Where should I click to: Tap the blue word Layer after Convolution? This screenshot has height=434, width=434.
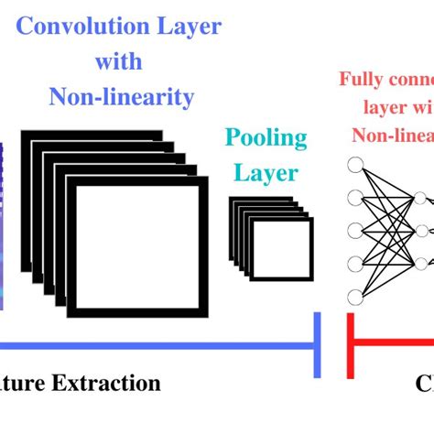point(187,27)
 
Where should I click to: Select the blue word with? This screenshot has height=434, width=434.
point(119,60)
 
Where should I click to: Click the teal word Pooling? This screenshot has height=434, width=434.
point(266,138)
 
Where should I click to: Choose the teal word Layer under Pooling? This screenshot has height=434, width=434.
point(266,172)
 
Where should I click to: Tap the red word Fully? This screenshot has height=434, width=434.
point(359,79)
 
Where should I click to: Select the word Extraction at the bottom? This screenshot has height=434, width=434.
point(111,384)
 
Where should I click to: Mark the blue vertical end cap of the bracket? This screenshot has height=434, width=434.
point(318,344)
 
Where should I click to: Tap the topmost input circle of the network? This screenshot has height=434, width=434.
point(355,166)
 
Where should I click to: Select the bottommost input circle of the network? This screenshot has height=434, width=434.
point(355,296)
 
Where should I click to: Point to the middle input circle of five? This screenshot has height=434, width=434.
point(355,231)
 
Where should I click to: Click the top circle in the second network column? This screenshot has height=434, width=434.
point(420,198)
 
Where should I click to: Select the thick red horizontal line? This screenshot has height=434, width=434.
point(394,345)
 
